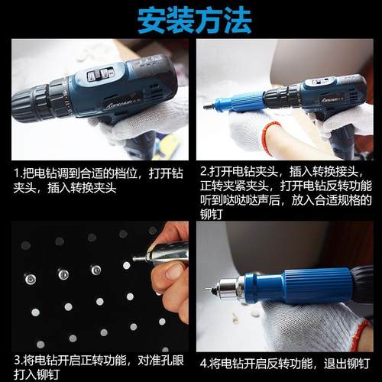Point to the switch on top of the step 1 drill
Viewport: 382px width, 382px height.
coord(98,75)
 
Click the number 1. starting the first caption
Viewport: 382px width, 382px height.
coord(17,172)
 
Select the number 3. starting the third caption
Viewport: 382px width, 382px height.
coord(17,359)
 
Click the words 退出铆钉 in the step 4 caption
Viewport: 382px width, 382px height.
coord(340,360)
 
